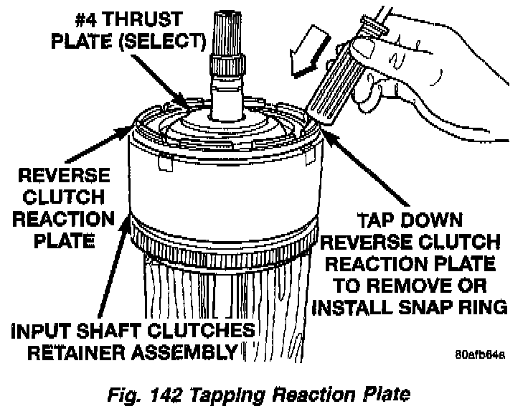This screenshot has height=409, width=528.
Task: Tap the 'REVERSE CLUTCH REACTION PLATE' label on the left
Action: pos(65,207)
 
